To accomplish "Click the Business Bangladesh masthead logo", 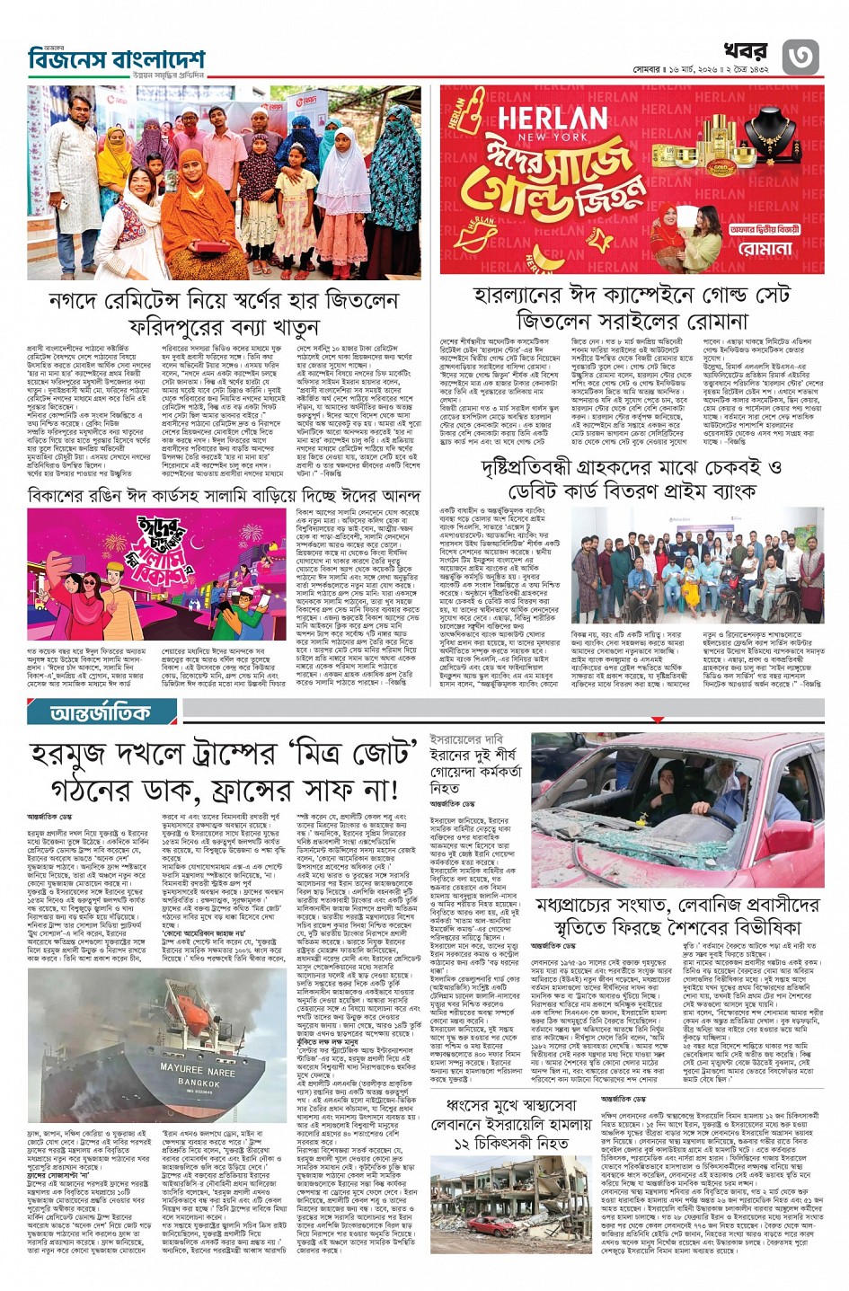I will pos(115,60).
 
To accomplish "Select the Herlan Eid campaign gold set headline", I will pos(632,307).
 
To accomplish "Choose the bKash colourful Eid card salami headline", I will pos(224,496).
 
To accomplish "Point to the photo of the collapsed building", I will pos(509,1204).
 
